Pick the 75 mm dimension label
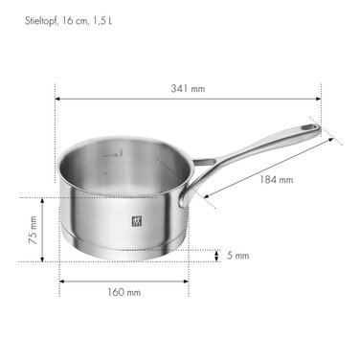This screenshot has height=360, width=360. [33, 230]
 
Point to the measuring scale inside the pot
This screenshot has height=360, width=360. [114, 153]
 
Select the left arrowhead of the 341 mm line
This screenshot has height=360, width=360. [56, 98]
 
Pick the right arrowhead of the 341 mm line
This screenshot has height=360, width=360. [319, 98]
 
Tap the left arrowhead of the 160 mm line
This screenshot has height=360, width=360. [61, 281]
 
